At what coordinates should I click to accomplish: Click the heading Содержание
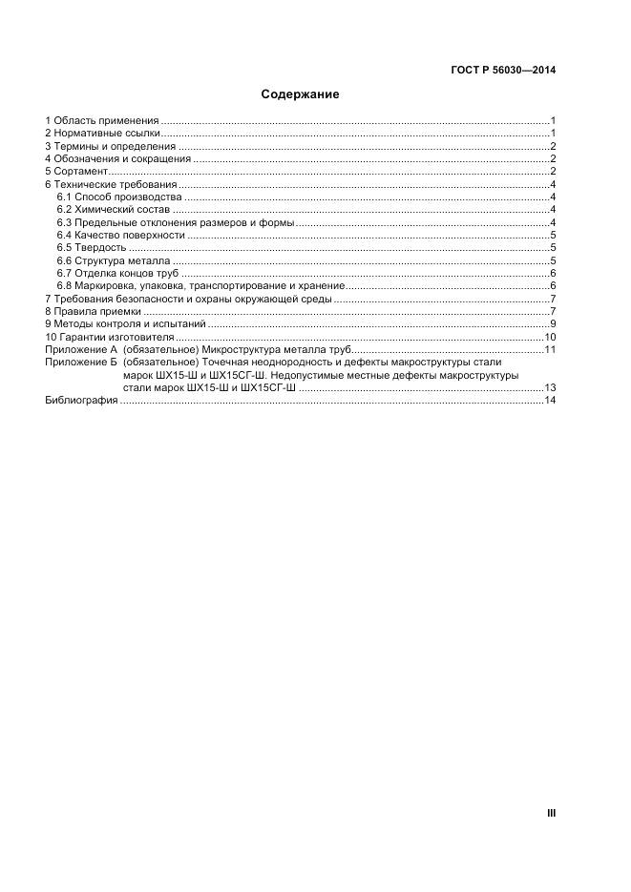click(301, 95)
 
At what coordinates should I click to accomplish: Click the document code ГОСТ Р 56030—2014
click(503, 71)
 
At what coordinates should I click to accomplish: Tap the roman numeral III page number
click(551, 813)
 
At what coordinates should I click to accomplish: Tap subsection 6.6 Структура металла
click(114, 260)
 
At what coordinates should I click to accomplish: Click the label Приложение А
click(80, 350)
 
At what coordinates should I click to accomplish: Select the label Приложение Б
click(80, 363)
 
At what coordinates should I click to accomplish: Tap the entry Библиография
click(80, 401)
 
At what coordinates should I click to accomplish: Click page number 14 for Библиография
click(550, 401)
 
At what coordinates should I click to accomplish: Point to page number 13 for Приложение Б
click(550, 388)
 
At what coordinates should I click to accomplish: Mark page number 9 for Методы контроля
click(553, 324)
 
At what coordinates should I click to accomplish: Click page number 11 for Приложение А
click(550, 350)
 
